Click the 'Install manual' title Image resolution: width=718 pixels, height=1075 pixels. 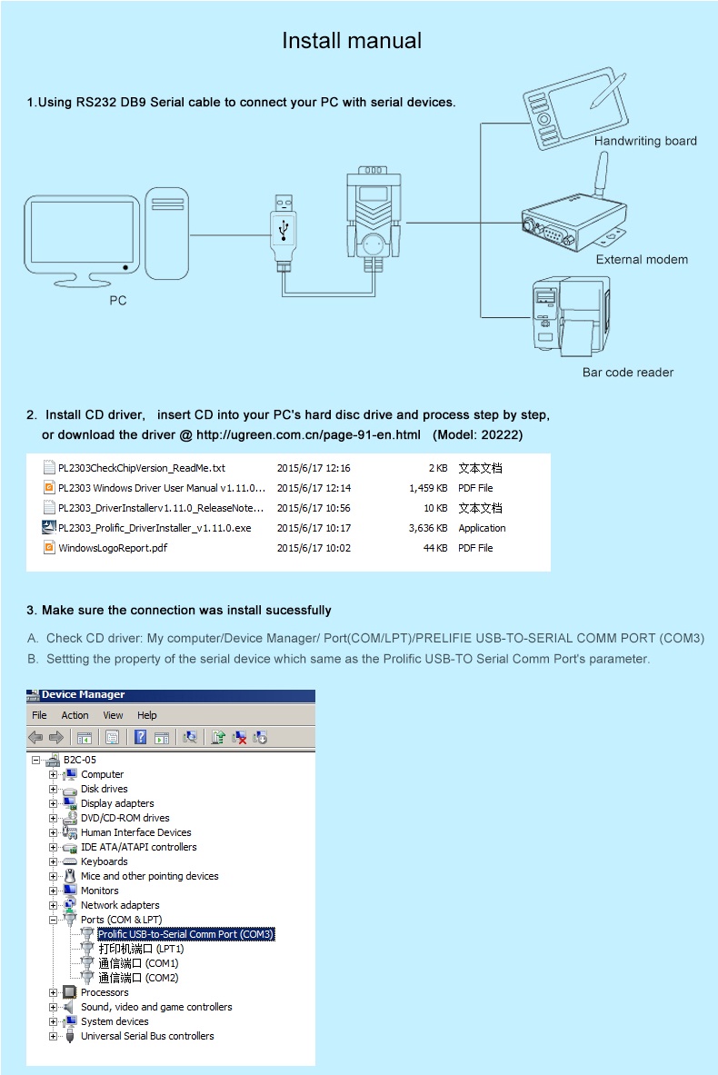(x=352, y=41)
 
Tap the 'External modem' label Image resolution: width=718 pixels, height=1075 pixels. (x=642, y=260)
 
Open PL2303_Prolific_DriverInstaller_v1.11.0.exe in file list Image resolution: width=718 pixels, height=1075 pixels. (x=155, y=528)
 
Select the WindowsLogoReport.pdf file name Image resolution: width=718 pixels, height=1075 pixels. (x=113, y=548)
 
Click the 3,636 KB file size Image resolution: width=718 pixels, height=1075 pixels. (x=428, y=528)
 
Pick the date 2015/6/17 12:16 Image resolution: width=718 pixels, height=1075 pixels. (x=314, y=468)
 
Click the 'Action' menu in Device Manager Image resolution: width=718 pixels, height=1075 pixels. (x=75, y=715)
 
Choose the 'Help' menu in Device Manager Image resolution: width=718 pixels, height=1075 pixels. (x=147, y=715)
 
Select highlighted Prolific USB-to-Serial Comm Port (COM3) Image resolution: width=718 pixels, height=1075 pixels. (x=185, y=934)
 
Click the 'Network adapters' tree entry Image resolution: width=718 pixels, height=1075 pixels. (x=120, y=905)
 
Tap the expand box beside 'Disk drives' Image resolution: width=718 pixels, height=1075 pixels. (x=54, y=789)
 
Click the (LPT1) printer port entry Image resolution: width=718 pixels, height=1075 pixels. (x=141, y=949)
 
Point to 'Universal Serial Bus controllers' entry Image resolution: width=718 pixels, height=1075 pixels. (x=147, y=1036)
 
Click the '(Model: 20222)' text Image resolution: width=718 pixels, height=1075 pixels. (x=478, y=435)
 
